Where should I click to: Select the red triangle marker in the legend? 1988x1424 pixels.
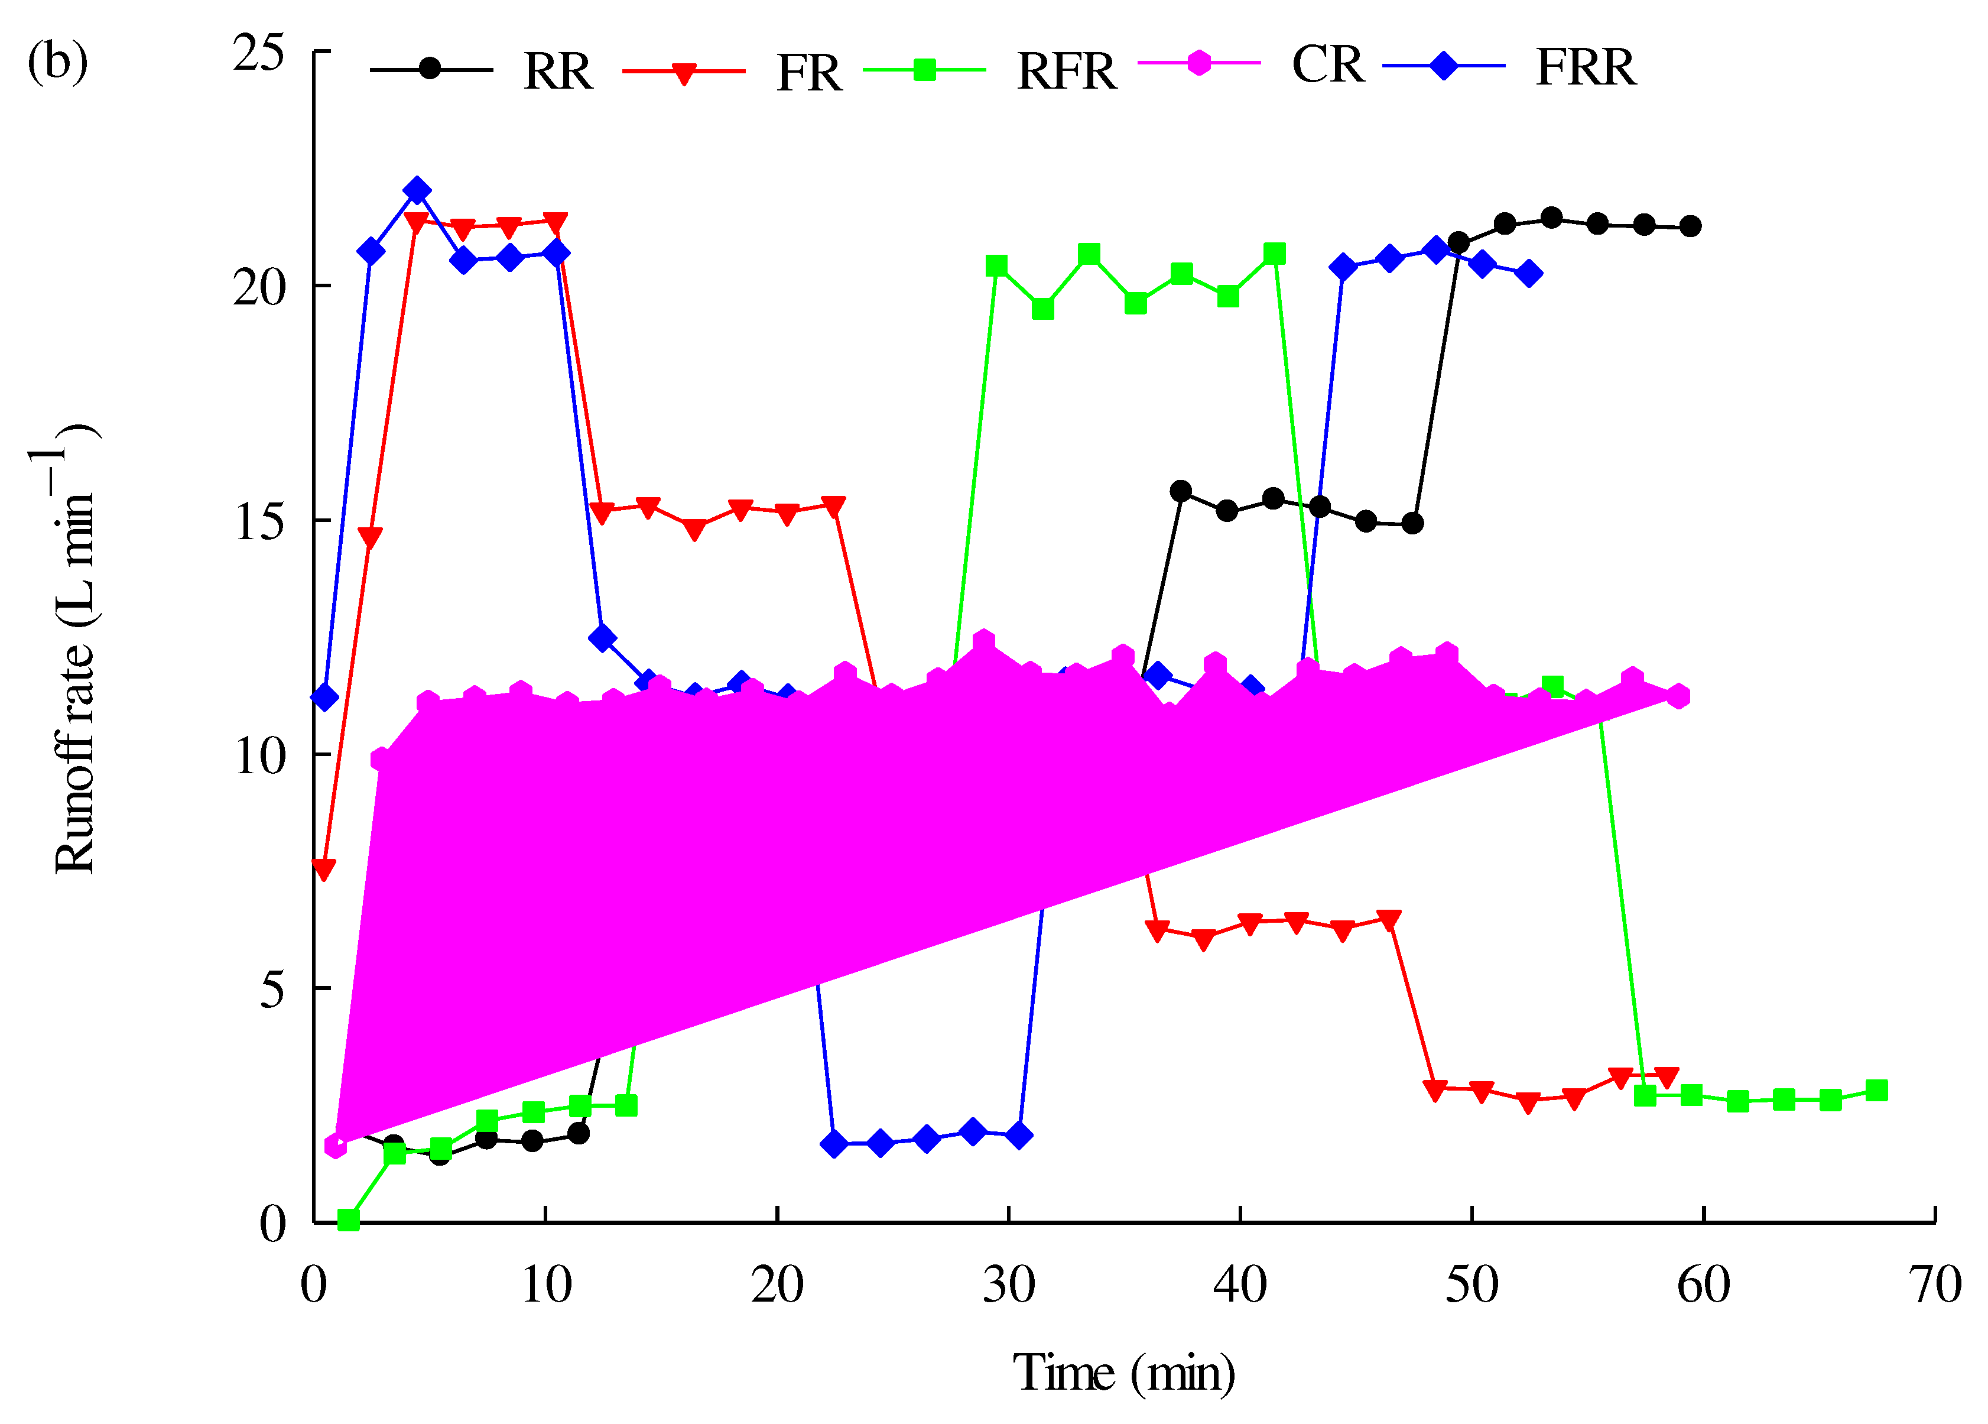684,73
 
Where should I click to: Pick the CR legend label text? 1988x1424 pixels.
1327,65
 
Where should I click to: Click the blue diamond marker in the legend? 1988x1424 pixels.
1443,66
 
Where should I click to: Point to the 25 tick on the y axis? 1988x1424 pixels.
259,53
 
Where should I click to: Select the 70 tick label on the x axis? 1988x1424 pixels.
1934,1286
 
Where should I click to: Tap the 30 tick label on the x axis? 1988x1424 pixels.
1008,1286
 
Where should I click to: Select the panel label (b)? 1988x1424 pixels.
58,63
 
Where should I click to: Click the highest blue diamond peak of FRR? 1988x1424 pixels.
417,191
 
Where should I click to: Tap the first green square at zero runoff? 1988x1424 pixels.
348,1219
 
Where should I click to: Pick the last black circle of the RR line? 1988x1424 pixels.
1691,226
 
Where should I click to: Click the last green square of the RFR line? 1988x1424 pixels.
1876,1091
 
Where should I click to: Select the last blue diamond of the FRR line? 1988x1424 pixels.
1529,274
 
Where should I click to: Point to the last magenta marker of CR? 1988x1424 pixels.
1678,696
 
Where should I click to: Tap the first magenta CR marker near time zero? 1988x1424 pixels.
336,1145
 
